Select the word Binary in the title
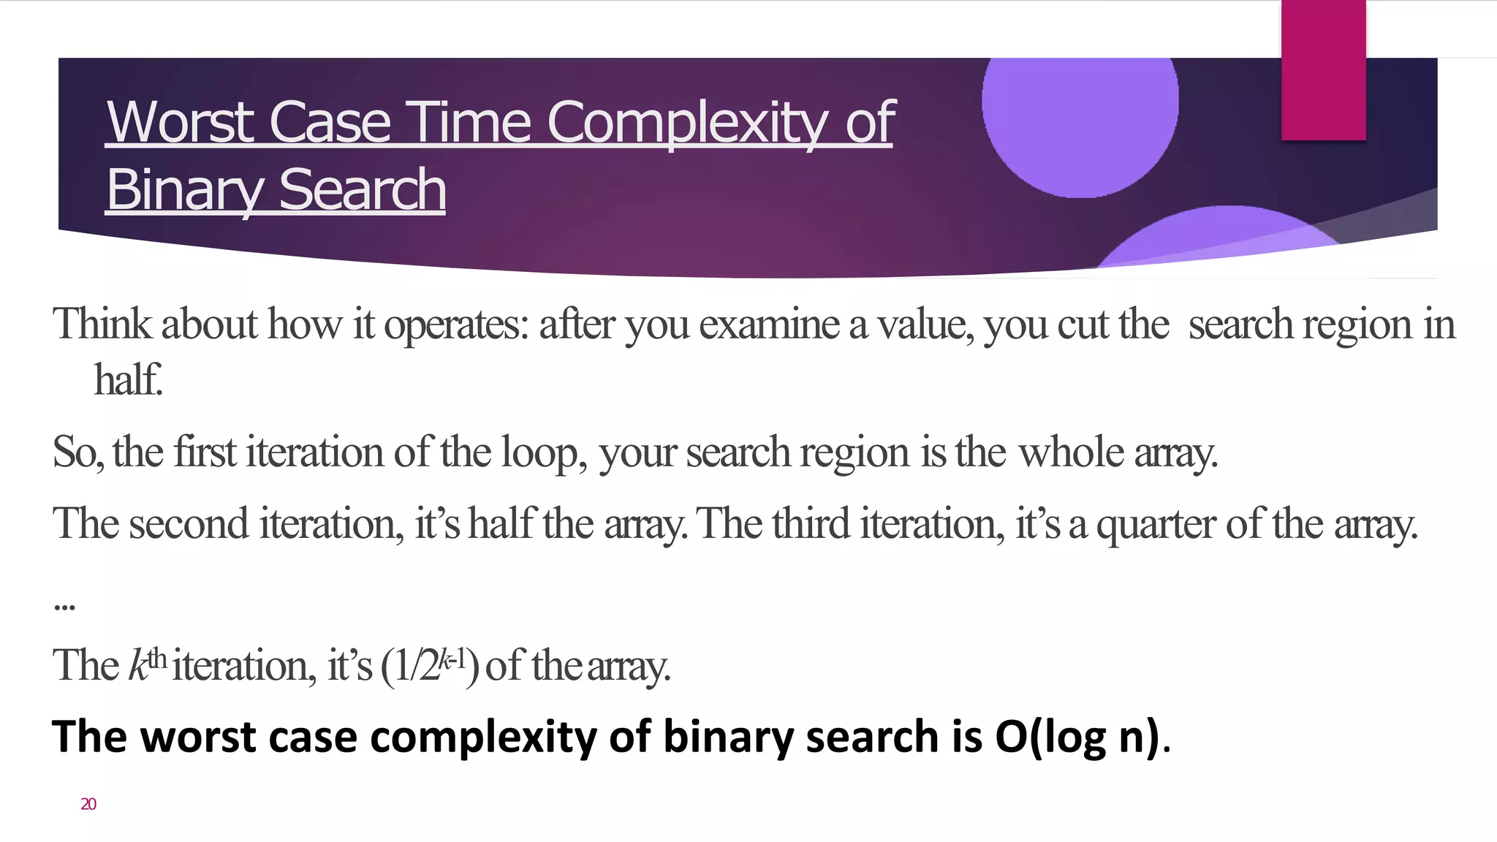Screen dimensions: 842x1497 [186, 189]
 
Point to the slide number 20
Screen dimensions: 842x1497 [88, 804]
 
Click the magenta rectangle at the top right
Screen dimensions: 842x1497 [1323, 69]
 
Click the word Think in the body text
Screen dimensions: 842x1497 [102, 324]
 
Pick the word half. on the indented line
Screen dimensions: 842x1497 [128, 379]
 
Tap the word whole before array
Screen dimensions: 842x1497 [1071, 452]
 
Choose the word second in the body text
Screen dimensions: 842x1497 [189, 523]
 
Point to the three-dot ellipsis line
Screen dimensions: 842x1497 [64, 605]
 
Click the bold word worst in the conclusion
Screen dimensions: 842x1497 [198, 736]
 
